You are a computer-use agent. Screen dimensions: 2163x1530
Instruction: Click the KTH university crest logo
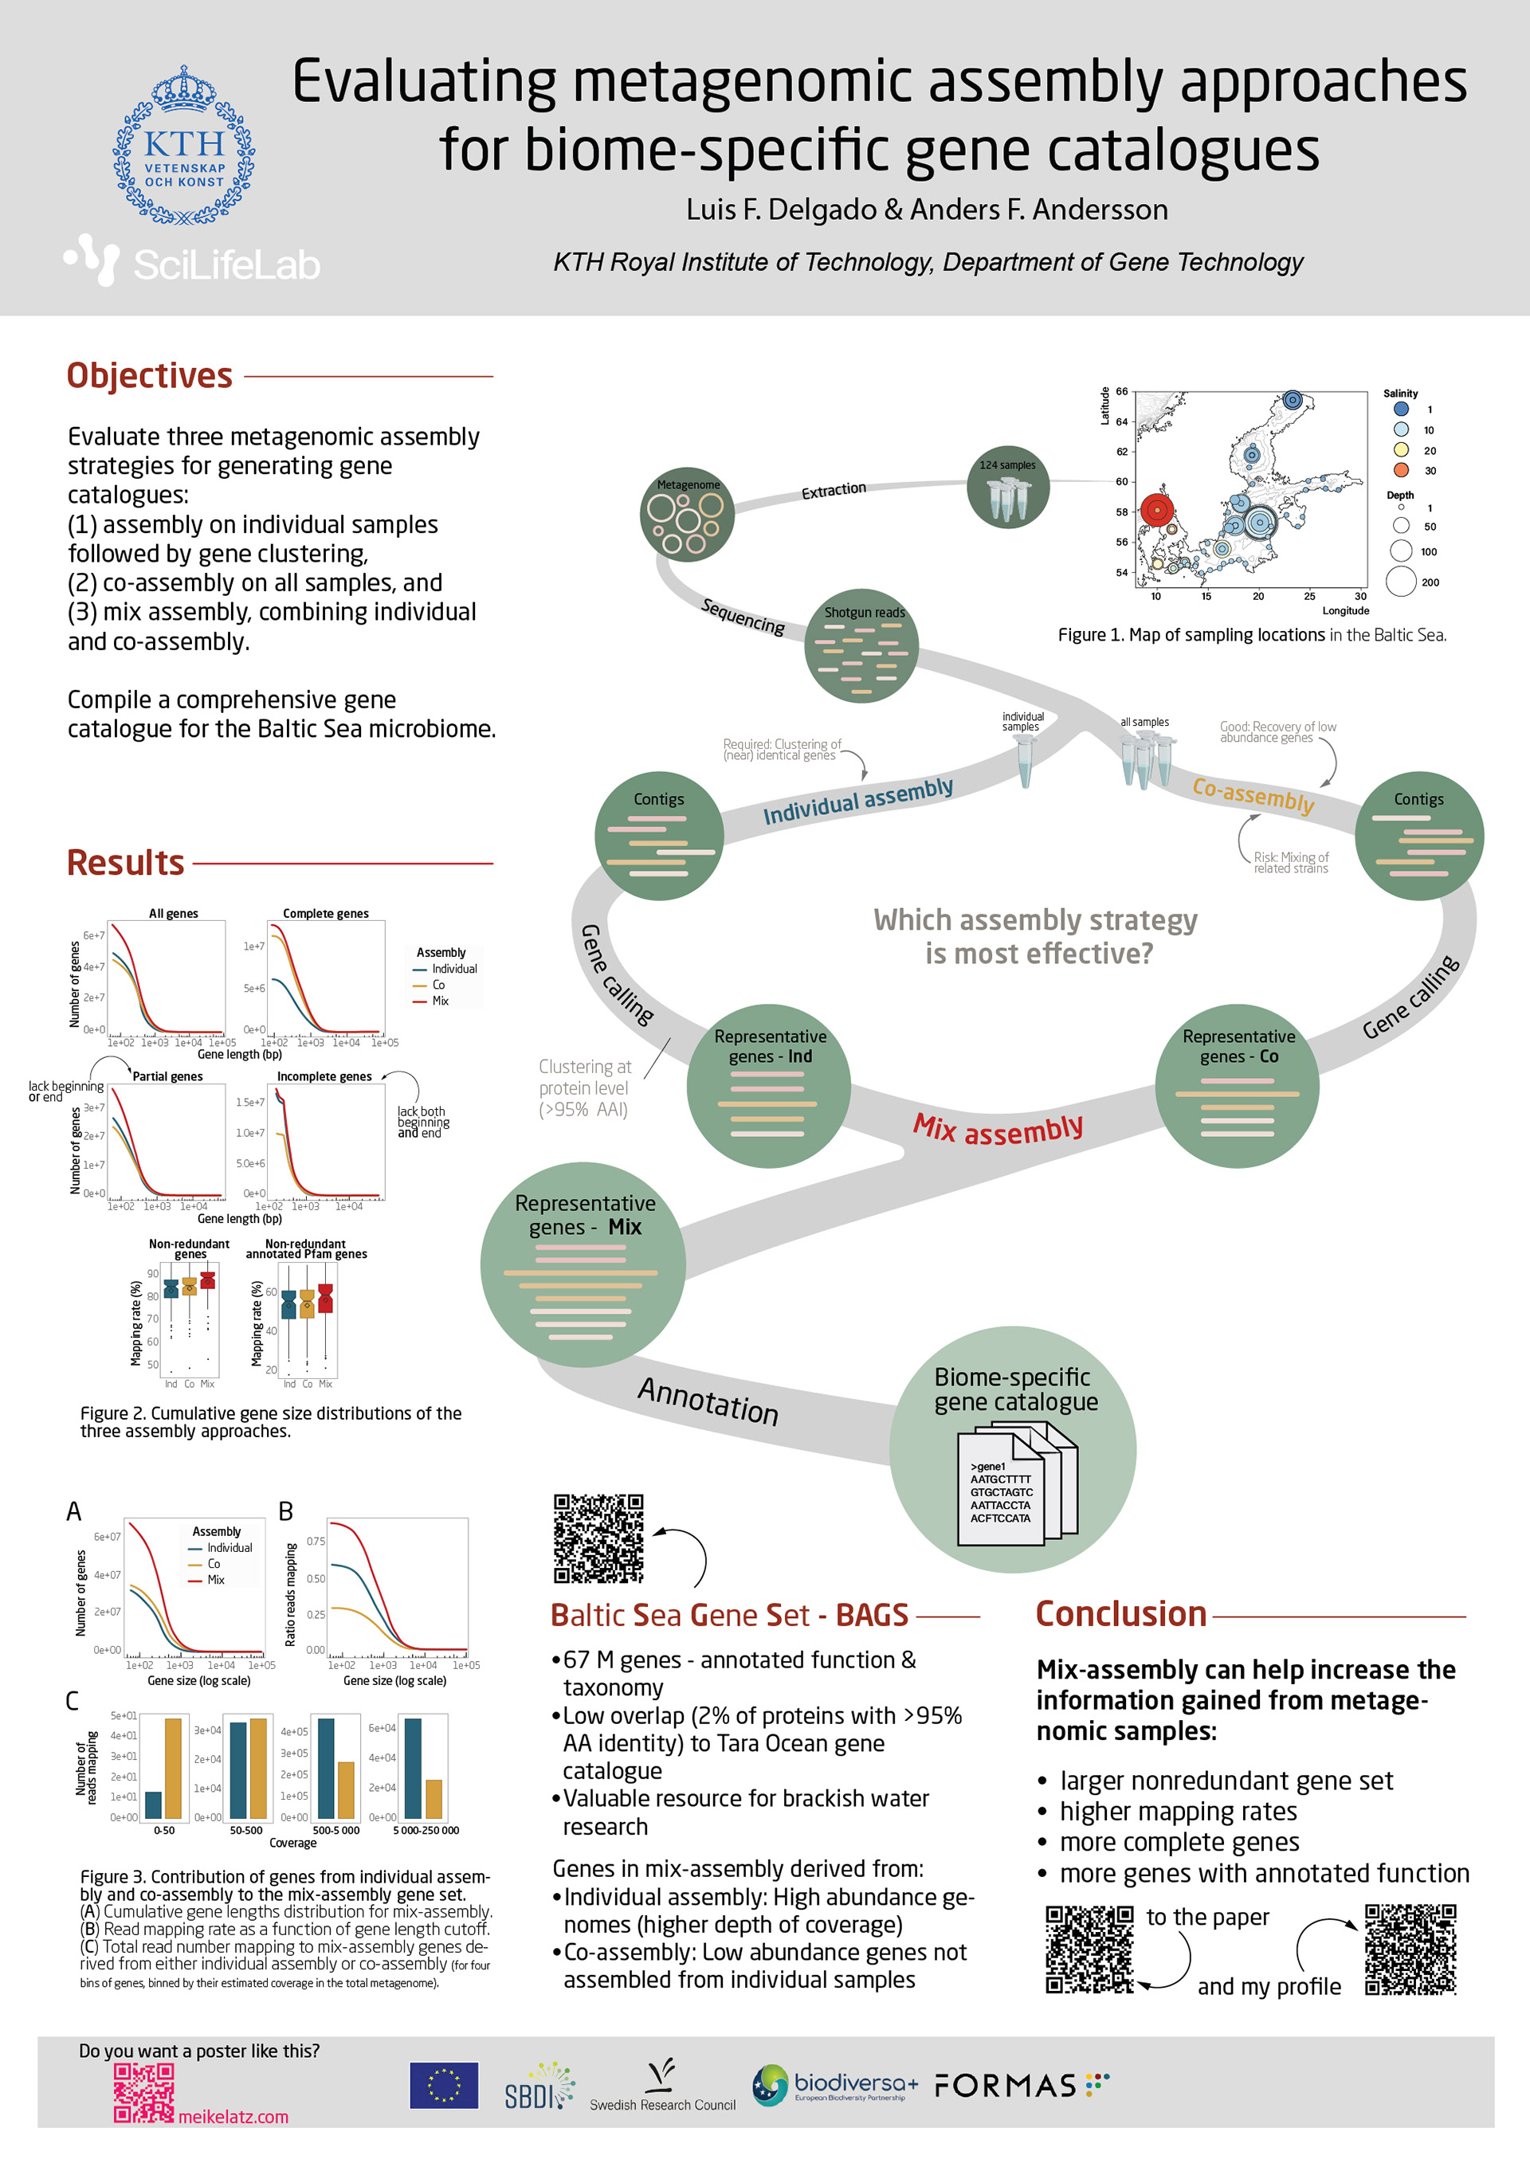coord(184,146)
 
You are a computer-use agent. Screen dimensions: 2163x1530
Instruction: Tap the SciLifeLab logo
coord(193,262)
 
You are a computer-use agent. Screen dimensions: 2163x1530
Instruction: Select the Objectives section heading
coord(149,375)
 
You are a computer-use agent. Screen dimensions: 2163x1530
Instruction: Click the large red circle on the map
coord(1157,511)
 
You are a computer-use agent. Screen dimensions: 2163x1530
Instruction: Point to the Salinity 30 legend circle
coord(1401,470)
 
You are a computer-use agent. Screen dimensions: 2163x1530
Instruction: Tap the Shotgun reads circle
coord(862,646)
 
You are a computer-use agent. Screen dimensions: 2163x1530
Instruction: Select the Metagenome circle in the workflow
coord(688,515)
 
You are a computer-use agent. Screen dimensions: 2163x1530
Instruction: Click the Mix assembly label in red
coord(998,1127)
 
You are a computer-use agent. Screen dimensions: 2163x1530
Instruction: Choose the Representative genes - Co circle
coord(1237,1085)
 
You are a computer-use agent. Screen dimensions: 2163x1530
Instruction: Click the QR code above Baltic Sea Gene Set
coord(598,1538)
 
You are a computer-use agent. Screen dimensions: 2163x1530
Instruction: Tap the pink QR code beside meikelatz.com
coord(143,2092)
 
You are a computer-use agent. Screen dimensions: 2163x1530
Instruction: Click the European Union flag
coord(444,2085)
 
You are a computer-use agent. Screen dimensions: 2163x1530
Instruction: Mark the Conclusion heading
coord(1120,1614)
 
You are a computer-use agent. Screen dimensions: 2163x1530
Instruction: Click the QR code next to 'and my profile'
coord(1410,1949)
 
